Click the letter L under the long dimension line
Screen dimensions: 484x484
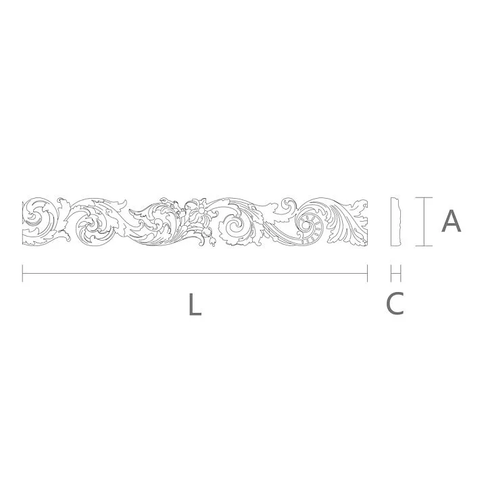[x=195, y=305]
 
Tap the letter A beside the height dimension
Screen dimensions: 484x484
[x=451, y=221]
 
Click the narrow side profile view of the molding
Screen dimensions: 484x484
[x=397, y=222]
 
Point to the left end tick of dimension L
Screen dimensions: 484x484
[x=23, y=273]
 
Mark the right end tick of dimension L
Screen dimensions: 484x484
[x=367, y=273]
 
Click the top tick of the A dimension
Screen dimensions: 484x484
[x=423, y=197]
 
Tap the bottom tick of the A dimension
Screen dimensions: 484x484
[x=423, y=246]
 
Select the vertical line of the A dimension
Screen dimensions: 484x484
[x=423, y=222]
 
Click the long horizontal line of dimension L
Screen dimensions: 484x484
[x=195, y=273]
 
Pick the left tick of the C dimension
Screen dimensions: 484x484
[x=392, y=273]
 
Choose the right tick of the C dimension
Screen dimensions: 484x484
[x=402, y=273]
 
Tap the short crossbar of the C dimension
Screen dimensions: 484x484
[x=397, y=273]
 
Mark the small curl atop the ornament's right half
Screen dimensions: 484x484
[x=288, y=203]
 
